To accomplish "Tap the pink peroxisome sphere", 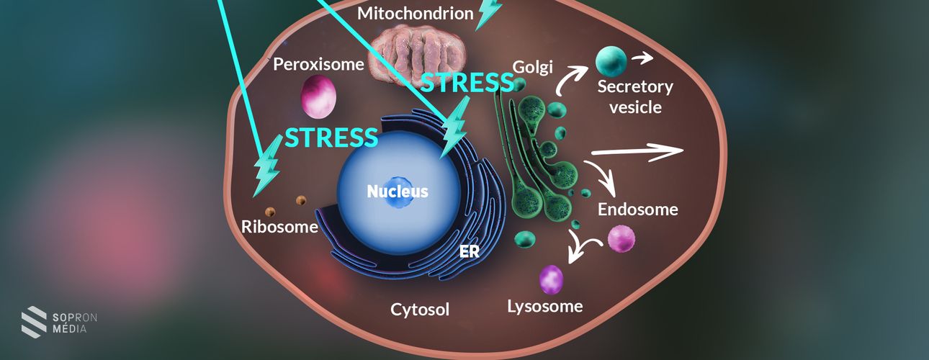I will pyautogui.click(x=318, y=96).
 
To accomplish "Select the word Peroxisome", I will pyautogui.click(x=318, y=64).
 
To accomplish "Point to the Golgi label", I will pyautogui.click(x=532, y=67).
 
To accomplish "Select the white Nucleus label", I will pyautogui.click(x=398, y=192).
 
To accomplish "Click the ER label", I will pyautogui.click(x=469, y=251).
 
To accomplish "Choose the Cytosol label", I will pyautogui.click(x=420, y=310).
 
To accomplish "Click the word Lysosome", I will pyautogui.click(x=544, y=306).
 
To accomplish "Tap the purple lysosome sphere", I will pyautogui.click(x=552, y=279).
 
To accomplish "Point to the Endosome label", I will pyautogui.click(x=638, y=210).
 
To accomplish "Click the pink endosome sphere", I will pyautogui.click(x=621, y=238).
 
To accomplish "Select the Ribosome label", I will pyautogui.click(x=279, y=228).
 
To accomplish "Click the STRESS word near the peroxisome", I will pyautogui.click(x=331, y=137).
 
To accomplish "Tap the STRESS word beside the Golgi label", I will pyautogui.click(x=467, y=83).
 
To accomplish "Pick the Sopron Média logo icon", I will pyautogui.click(x=34, y=321).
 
